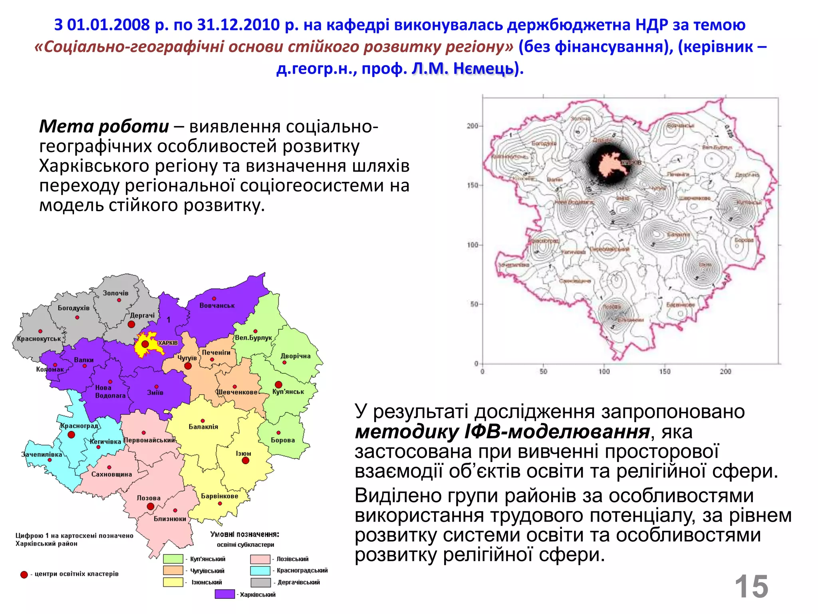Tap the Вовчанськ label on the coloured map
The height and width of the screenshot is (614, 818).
pyautogui.click(x=217, y=305)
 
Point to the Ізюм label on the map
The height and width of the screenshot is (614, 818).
pyautogui.click(x=243, y=453)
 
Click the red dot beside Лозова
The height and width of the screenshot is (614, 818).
pyautogui.click(x=151, y=506)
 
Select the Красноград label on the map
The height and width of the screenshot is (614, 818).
pyautogui.click(x=79, y=426)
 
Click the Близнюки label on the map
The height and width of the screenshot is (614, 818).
pyautogui.click(x=170, y=519)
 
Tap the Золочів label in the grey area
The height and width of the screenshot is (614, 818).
pyautogui.click(x=115, y=293)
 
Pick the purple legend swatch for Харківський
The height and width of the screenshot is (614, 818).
pyautogui.click(x=224, y=594)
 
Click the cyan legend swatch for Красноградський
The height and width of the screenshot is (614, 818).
pyautogui.click(x=260, y=570)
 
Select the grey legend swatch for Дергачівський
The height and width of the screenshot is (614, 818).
pyautogui.click(x=260, y=582)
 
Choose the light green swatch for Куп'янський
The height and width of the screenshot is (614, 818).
pyautogui.click(x=173, y=559)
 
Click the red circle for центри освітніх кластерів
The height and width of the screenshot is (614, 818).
pyautogui.click(x=24, y=574)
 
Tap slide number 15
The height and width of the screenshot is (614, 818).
pyautogui.click(x=751, y=587)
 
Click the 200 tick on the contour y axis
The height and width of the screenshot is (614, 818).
pyautogui.click(x=473, y=126)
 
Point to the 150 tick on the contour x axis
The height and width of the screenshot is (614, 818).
pyautogui.click(x=665, y=371)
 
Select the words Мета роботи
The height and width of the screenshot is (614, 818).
pyautogui.click(x=104, y=126)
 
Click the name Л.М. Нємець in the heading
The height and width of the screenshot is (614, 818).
pyautogui.click(x=463, y=69)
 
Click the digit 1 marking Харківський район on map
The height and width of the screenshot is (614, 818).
pyautogui.click(x=169, y=320)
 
